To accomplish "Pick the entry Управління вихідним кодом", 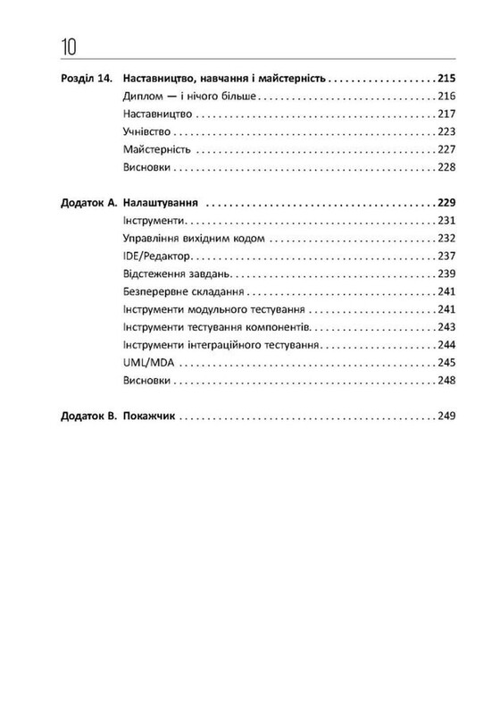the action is click(193, 239).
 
